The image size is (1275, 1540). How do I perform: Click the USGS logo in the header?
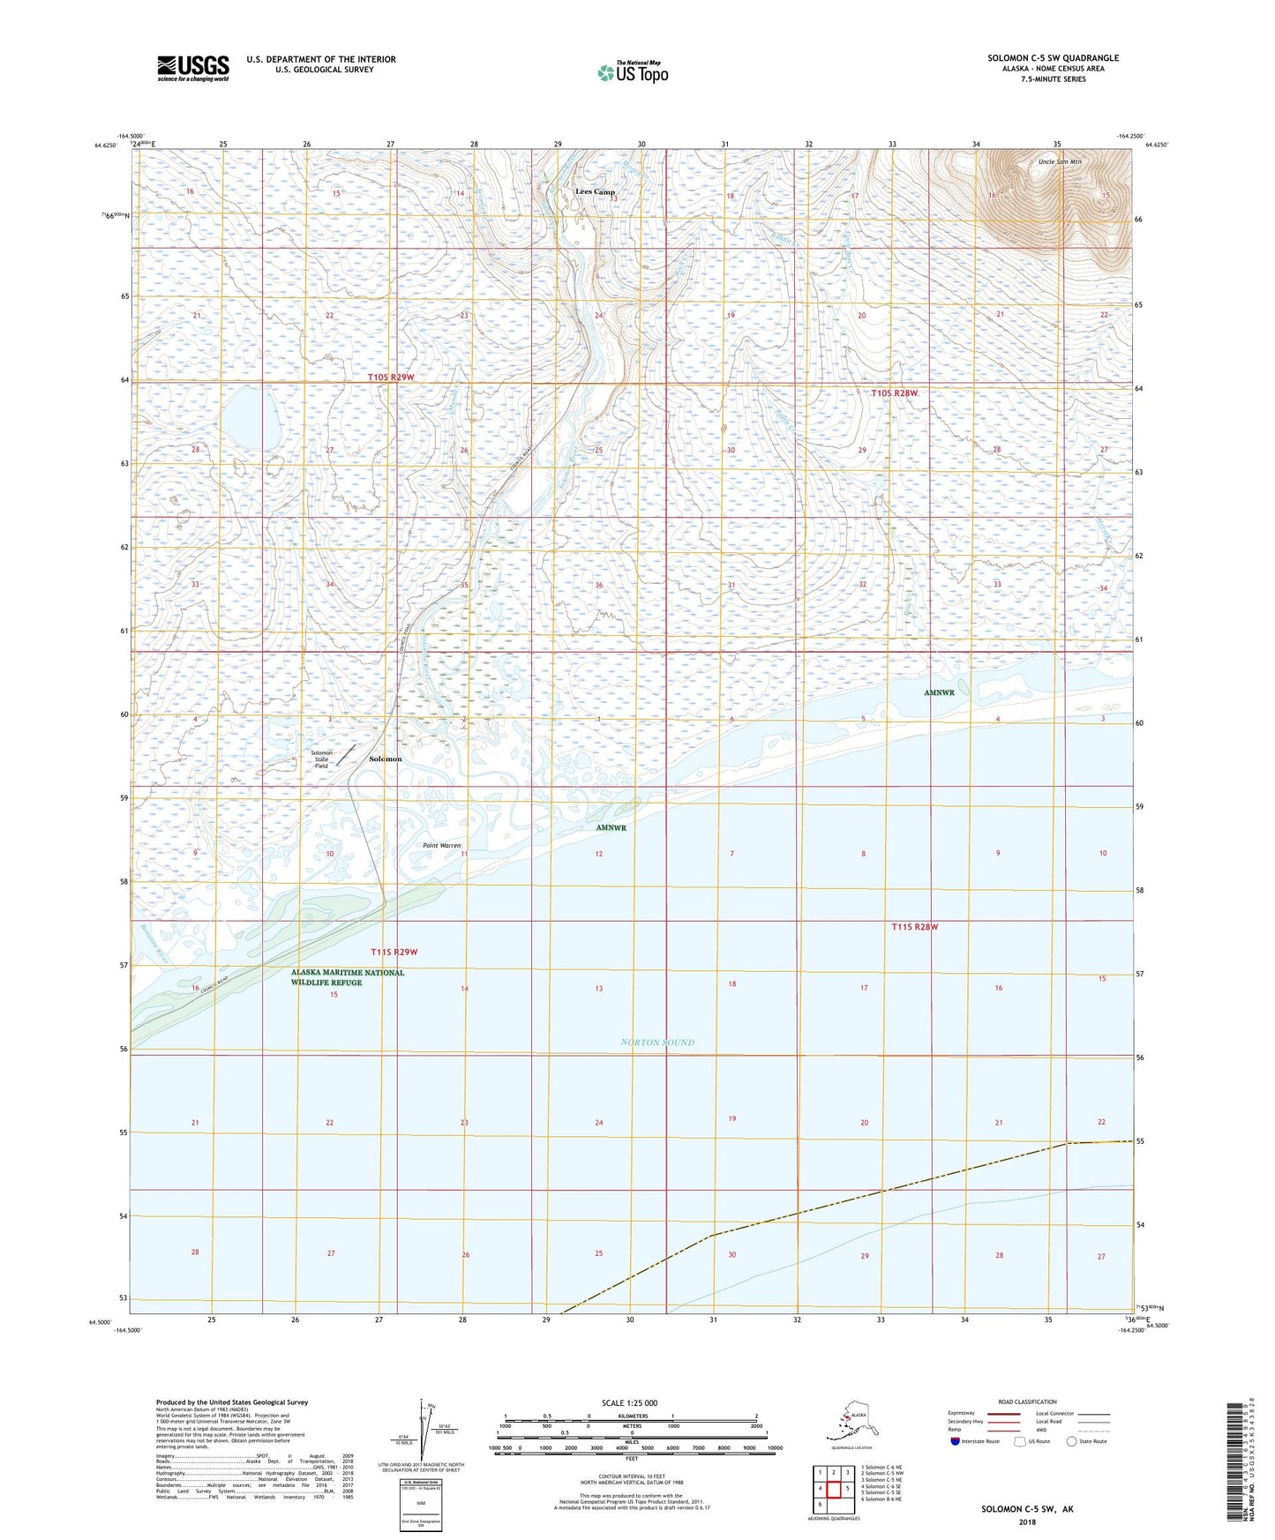point(192,68)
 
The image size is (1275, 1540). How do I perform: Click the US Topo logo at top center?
point(631,72)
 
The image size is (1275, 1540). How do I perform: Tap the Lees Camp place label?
point(595,191)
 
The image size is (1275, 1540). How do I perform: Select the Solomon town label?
point(385,759)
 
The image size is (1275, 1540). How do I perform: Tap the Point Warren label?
point(441,845)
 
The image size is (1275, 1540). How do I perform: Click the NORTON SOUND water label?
point(657,1043)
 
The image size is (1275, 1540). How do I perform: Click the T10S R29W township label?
point(391,378)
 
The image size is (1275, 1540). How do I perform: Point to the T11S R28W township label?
point(914,927)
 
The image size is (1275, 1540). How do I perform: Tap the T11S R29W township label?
point(394,952)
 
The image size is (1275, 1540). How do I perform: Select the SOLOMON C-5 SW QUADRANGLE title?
point(1053,58)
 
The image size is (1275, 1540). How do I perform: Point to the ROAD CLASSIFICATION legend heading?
point(1027,1402)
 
